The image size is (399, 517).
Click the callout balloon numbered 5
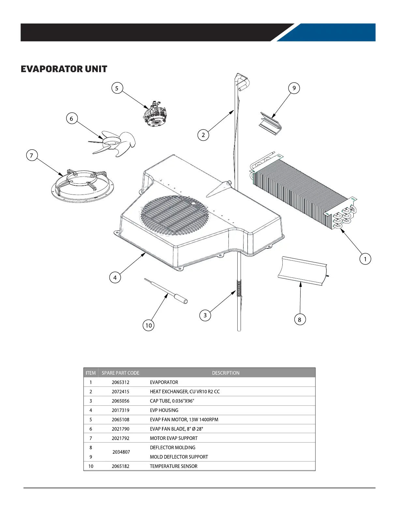(117, 88)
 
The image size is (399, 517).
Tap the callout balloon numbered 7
(32, 155)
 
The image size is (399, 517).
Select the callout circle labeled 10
(149, 325)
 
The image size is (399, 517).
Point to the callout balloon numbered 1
(365, 259)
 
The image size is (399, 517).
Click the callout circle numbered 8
(300, 320)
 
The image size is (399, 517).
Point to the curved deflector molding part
(303, 271)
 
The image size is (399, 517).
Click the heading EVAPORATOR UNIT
(64, 69)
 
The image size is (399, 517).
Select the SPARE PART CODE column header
(120, 373)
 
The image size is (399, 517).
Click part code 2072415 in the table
(120, 392)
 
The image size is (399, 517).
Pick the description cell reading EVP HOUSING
(164, 410)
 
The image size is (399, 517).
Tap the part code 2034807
(121, 452)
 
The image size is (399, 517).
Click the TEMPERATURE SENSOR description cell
(173, 466)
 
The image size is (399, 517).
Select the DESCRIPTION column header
(226, 373)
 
